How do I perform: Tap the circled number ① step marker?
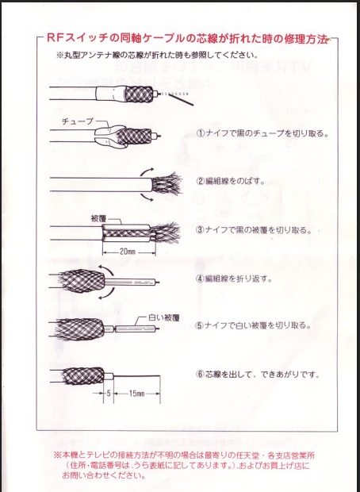(x=201, y=133)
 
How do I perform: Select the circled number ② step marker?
(x=201, y=181)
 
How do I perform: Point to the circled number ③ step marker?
(x=201, y=230)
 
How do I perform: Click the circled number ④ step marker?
(x=201, y=279)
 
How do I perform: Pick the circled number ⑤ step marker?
(x=201, y=325)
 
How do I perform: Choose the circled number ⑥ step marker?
(x=201, y=374)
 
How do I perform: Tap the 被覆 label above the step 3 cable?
(x=98, y=218)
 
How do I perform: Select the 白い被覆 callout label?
(x=163, y=317)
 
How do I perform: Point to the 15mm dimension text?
(x=137, y=393)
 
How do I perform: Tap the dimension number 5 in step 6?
(x=109, y=393)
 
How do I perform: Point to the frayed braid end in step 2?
(x=167, y=184)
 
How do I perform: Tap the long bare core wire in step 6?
(x=136, y=376)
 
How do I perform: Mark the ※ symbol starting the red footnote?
(x=58, y=455)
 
